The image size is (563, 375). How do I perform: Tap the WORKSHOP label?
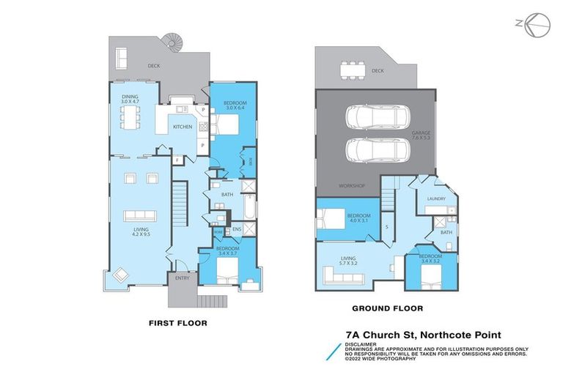coord(351,186)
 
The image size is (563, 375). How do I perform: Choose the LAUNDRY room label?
coord(436,198)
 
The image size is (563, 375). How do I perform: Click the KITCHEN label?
coord(183,127)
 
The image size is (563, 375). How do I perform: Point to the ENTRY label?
coord(182,278)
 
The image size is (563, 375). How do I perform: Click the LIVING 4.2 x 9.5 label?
coord(141,232)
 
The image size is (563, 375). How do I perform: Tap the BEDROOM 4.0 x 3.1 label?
coord(358,218)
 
